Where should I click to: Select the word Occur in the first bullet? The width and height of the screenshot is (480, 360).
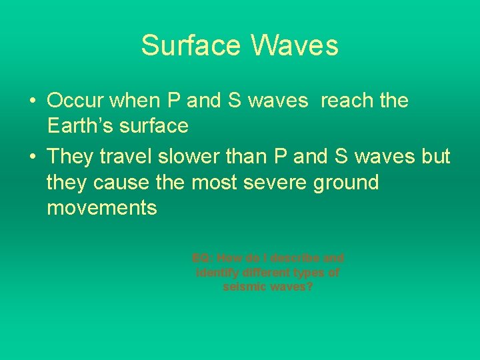coord(75,101)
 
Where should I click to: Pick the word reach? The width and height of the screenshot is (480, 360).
coord(349,101)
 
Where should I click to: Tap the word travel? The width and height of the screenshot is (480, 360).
coord(125,157)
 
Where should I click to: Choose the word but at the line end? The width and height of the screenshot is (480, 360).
coord(436,157)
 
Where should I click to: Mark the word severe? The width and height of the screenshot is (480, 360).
coord(271,182)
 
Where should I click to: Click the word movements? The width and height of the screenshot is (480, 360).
coord(102,207)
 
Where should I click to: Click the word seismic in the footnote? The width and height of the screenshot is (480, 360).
coord(245,287)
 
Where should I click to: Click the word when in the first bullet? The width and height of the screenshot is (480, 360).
coord(133,101)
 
